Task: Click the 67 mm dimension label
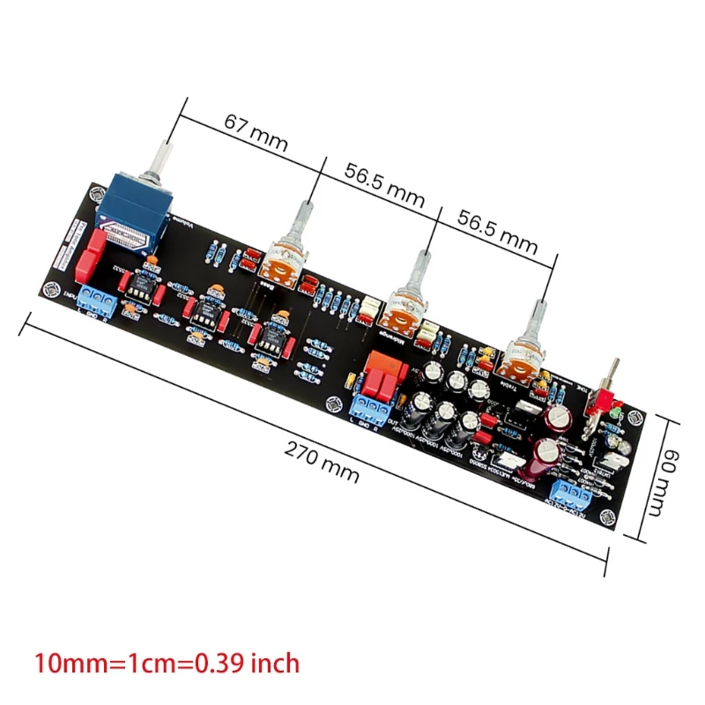click(x=250, y=126)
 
